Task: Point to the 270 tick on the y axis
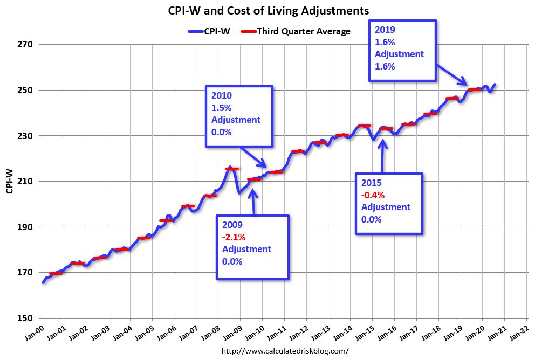(25, 44)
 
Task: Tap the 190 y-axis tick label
(25, 227)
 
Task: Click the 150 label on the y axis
(25, 318)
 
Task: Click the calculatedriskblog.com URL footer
(285, 350)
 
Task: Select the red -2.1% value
(232, 237)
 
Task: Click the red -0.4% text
(372, 195)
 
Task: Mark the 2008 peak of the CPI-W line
(230, 168)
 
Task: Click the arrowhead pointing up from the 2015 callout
(383, 143)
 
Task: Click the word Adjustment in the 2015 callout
(386, 207)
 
